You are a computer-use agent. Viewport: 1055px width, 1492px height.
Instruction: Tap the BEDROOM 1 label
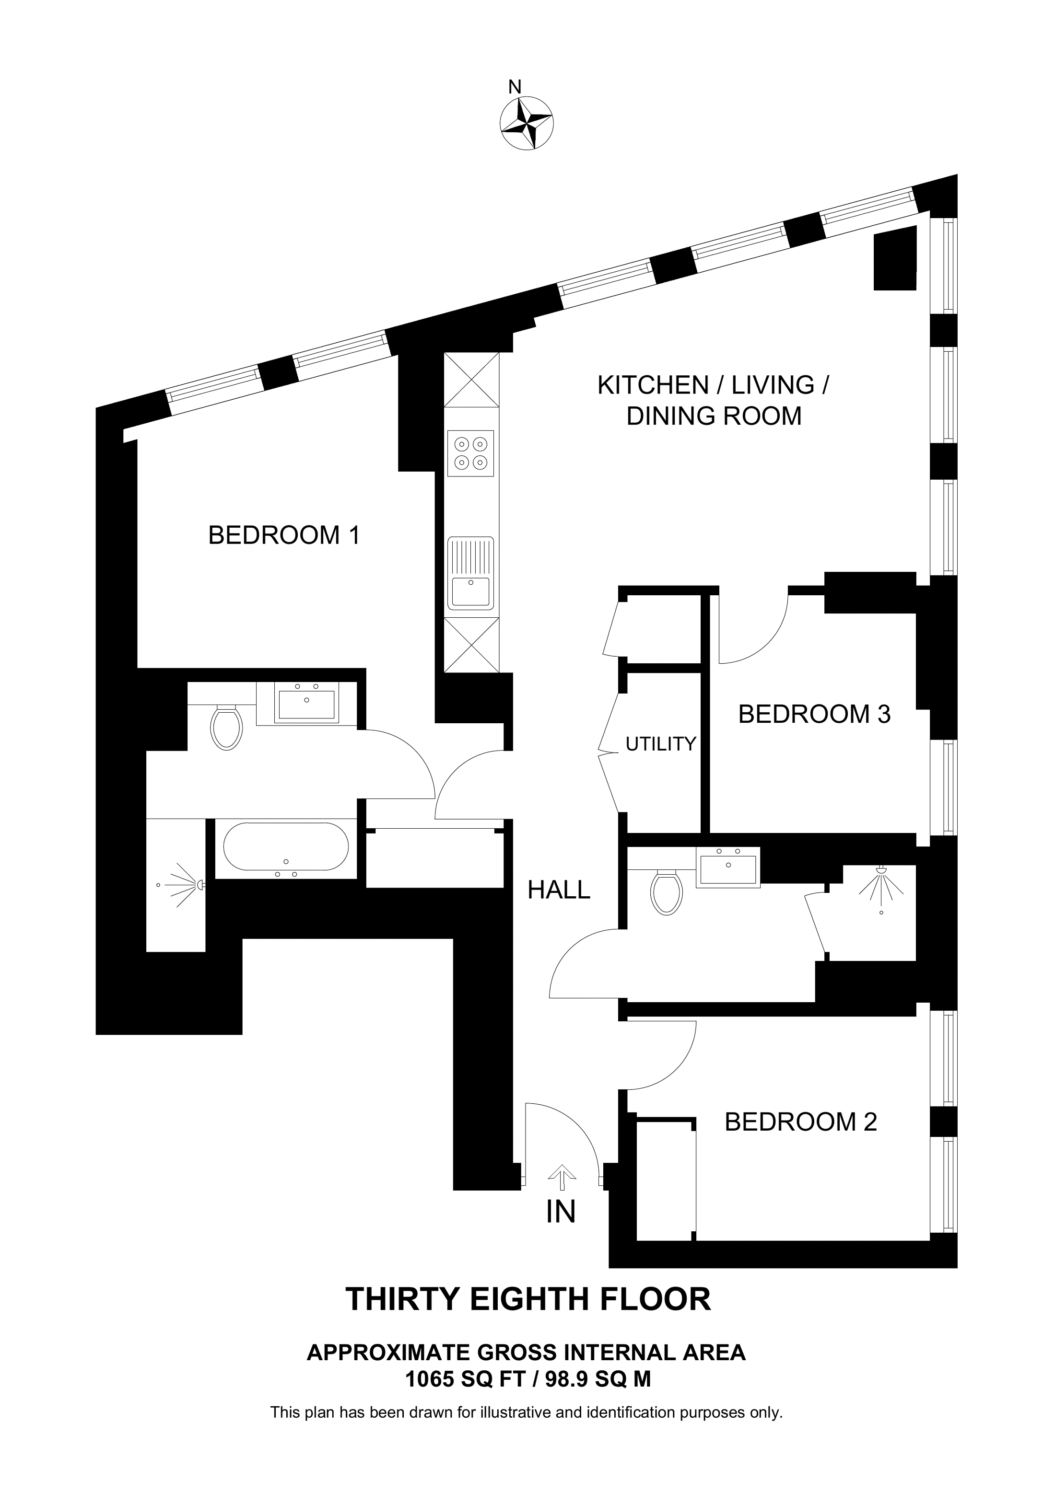coord(283,535)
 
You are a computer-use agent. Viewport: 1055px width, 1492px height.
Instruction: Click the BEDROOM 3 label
coord(814,714)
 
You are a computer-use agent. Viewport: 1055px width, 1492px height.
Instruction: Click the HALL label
coord(559,890)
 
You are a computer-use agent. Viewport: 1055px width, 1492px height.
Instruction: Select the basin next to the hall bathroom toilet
coord(727,867)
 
